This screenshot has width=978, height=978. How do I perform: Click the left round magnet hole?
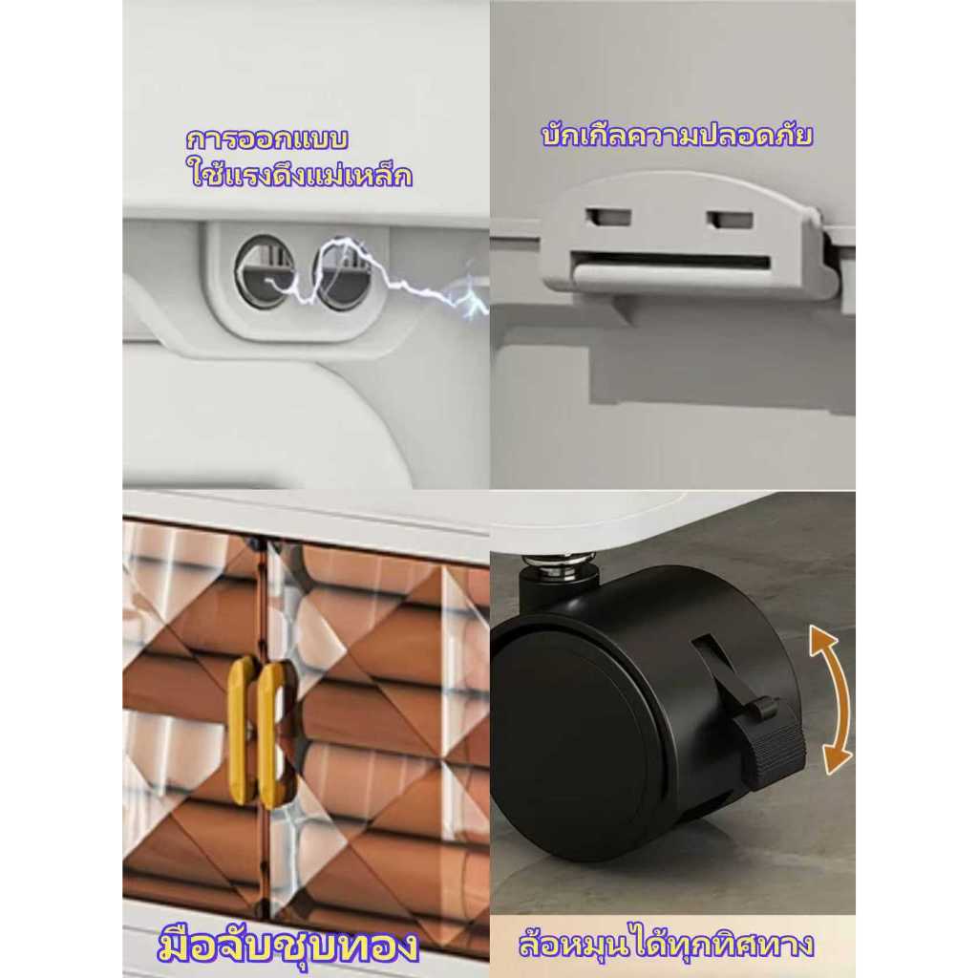click(x=262, y=271)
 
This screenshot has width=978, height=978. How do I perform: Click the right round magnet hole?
click(x=342, y=273)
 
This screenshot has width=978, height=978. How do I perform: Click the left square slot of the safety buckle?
click(x=607, y=219)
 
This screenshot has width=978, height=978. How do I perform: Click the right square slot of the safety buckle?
click(x=730, y=221)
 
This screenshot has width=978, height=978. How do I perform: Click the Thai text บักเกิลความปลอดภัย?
click(x=677, y=136)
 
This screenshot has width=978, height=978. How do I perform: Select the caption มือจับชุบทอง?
click(x=287, y=946)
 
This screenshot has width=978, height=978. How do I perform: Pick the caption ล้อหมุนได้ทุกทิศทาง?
click(x=666, y=945)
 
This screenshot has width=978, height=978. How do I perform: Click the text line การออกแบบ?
click(x=267, y=138)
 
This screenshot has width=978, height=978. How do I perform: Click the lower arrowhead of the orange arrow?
click(x=836, y=761)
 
